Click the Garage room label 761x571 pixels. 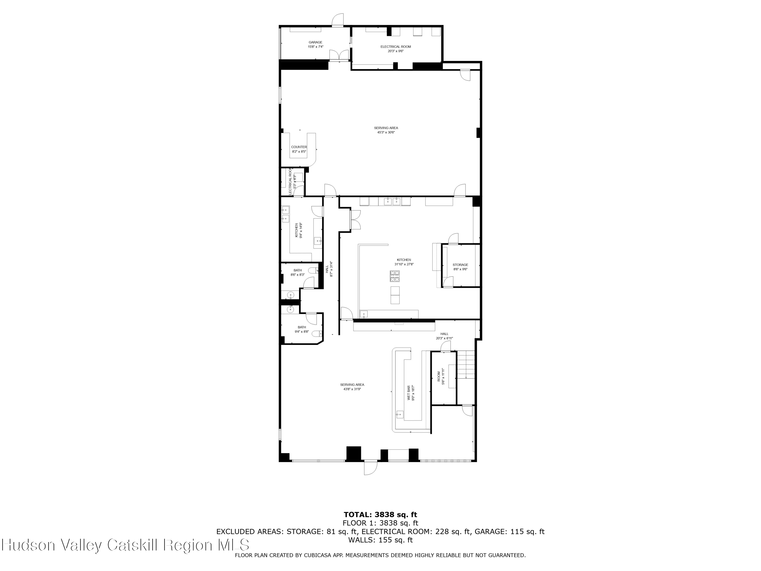(315, 42)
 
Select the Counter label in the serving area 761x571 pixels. (299, 147)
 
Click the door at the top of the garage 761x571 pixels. (337, 20)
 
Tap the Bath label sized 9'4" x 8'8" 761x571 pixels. (302, 327)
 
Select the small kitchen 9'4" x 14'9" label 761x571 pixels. (296, 230)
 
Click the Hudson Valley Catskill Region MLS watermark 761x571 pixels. (126, 545)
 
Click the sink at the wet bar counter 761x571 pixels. (400, 414)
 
